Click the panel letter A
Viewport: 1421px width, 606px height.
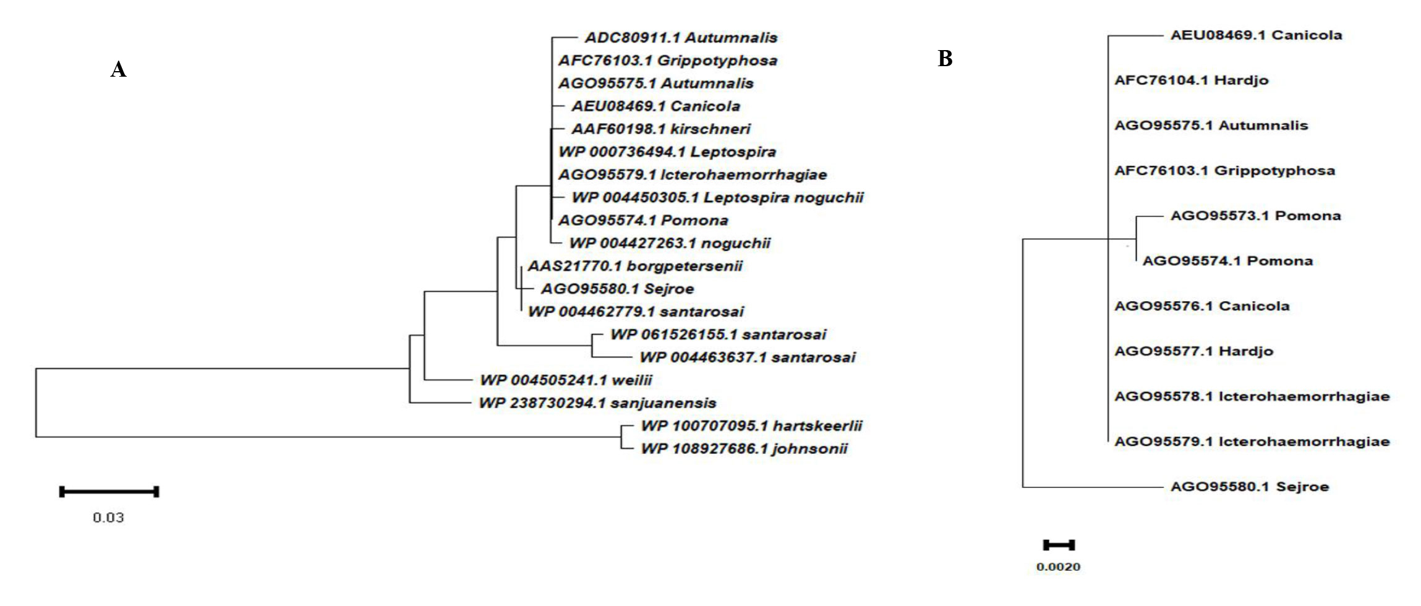pyautogui.click(x=118, y=70)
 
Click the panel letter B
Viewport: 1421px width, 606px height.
pyautogui.click(x=945, y=59)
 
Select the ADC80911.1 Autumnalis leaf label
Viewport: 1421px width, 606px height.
pyautogui.click(x=681, y=38)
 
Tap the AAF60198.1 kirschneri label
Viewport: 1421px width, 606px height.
pyautogui.click(x=660, y=129)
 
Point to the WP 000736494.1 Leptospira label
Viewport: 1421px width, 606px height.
pyautogui.click(x=667, y=152)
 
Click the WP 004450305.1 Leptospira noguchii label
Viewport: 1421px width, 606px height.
pyautogui.click(x=717, y=198)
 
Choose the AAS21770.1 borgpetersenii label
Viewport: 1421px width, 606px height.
pyautogui.click(x=634, y=267)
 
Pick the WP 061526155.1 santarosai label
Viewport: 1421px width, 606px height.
pyautogui.click(x=718, y=335)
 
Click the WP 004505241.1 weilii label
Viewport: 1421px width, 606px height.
pyautogui.click(x=566, y=381)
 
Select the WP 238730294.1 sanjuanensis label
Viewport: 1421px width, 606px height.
pyautogui.click(x=597, y=404)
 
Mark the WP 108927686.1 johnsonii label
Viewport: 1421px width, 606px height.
pyautogui.click(x=744, y=449)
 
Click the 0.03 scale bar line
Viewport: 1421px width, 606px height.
pyautogui.click(x=109, y=492)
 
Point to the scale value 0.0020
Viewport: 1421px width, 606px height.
pyautogui.click(x=1059, y=567)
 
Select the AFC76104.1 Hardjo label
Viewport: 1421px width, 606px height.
pyautogui.click(x=1191, y=80)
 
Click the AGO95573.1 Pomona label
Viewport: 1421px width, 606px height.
pyautogui.click(x=1255, y=216)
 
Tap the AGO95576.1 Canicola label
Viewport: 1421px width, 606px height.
pyautogui.click(x=1201, y=306)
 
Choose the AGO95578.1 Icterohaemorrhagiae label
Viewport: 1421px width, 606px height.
pyautogui.click(x=1252, y=396)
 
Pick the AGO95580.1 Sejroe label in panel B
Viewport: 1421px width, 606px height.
pyautogui.click(x=1249, y=487)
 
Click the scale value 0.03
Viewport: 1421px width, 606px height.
pyautogui.click(x=109, y=518)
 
